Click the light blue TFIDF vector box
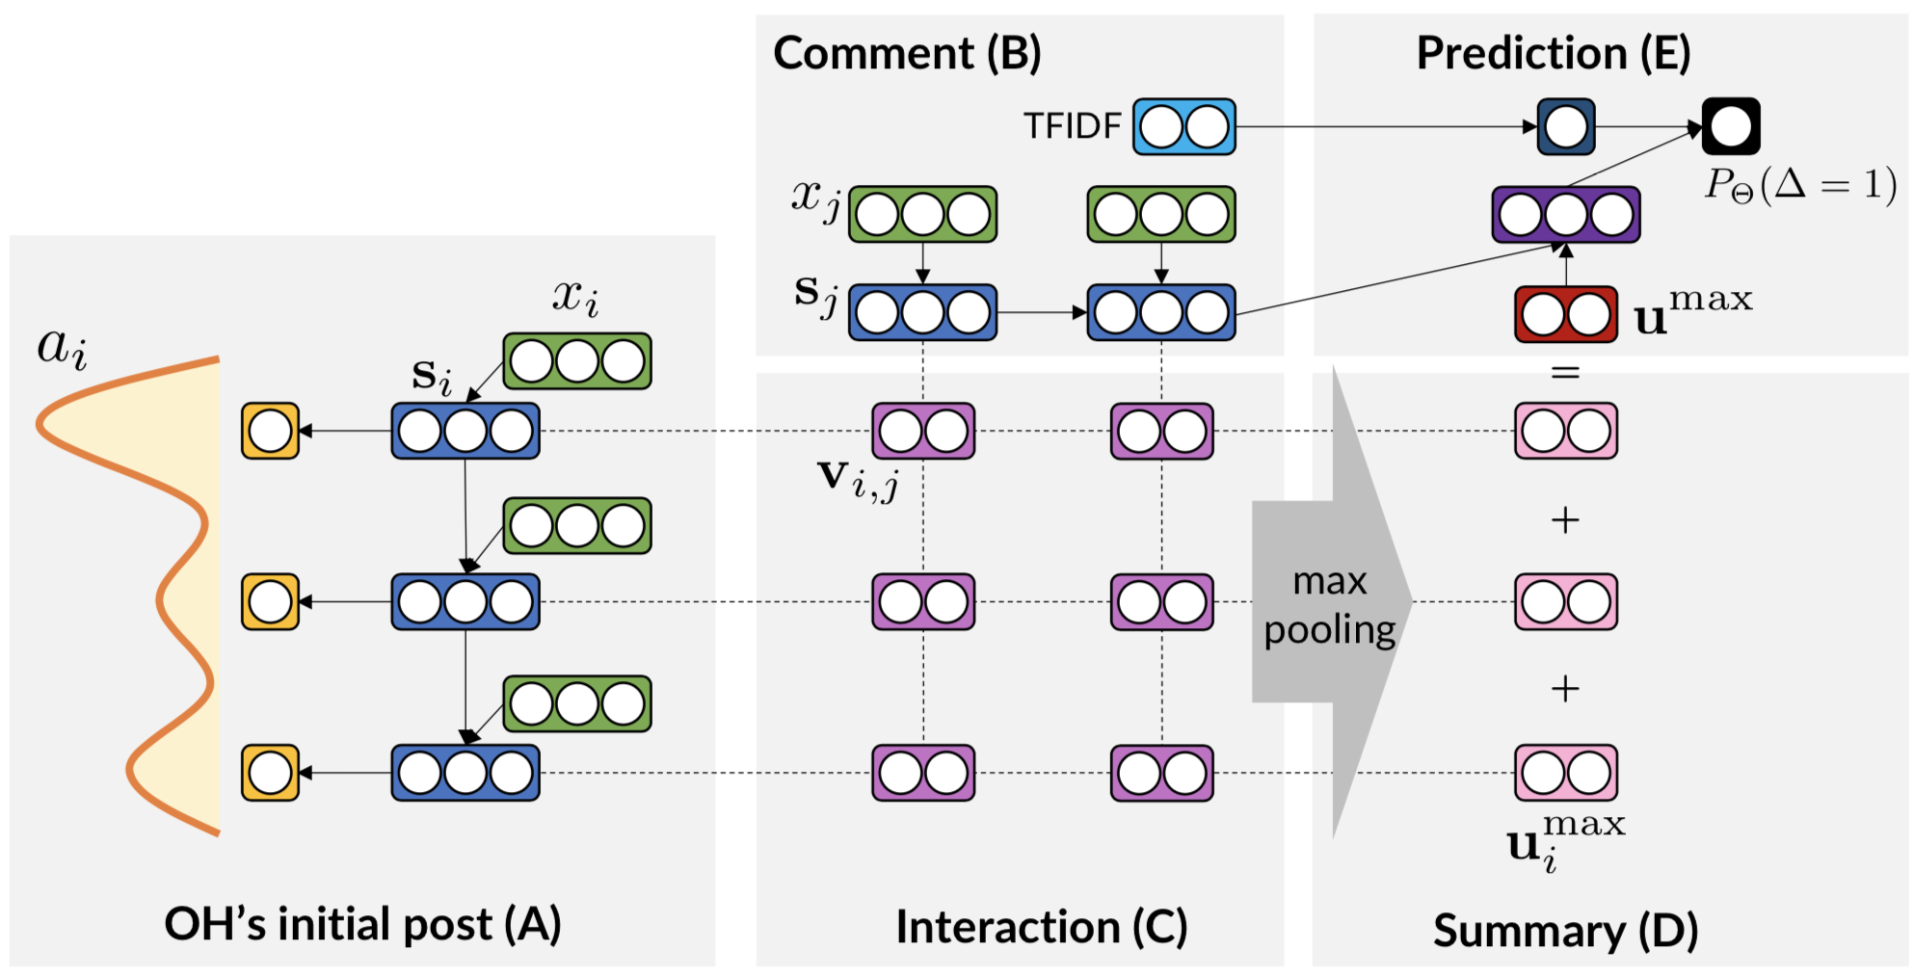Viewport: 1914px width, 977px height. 1183,126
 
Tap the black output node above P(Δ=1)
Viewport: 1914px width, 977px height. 1731,126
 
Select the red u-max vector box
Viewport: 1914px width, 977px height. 1565,314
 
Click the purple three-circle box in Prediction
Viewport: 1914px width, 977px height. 1565,215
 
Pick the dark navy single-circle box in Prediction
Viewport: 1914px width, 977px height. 1565,126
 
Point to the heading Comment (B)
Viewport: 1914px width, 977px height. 907,53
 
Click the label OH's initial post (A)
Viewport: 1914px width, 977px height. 362,924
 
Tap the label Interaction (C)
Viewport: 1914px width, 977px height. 1041,927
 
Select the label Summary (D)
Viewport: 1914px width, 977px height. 1565,931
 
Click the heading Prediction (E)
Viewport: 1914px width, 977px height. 1553,53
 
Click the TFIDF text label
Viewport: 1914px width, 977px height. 1072,126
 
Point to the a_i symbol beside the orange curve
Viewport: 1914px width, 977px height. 62,348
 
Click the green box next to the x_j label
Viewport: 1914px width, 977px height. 922,214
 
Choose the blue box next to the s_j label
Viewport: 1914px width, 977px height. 922,312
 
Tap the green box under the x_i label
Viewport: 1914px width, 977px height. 576,361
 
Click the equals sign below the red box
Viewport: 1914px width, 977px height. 1565,371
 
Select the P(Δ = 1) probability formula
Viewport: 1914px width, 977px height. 1799,184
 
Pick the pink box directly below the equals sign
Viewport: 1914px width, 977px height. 1565,431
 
